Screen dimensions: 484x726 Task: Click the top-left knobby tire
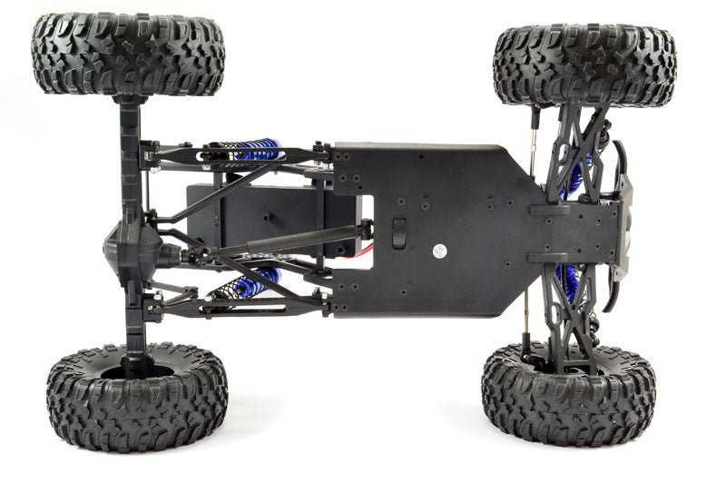point(127,53)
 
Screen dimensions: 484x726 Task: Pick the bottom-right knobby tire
point(568,392)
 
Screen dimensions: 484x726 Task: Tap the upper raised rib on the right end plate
point(548,210)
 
